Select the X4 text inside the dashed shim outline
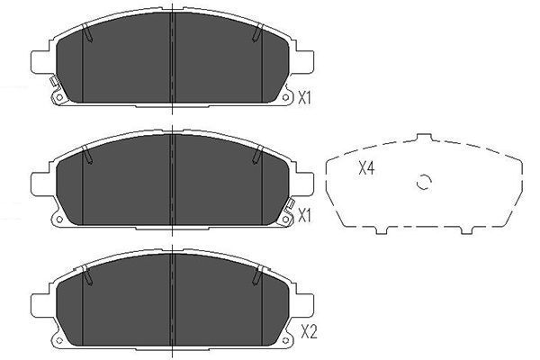(x=366, y=167)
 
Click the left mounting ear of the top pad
(x=39, y=62)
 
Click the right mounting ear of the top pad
(x=305, y=62)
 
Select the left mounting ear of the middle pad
(x=39, y=180)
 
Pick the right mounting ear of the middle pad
(x=305, y=180)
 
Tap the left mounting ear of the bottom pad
(x=39, y=297)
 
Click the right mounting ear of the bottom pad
(x=305, y=297)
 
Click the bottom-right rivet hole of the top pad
(x=287, y=100)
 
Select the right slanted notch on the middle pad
(x=258, y=155)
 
